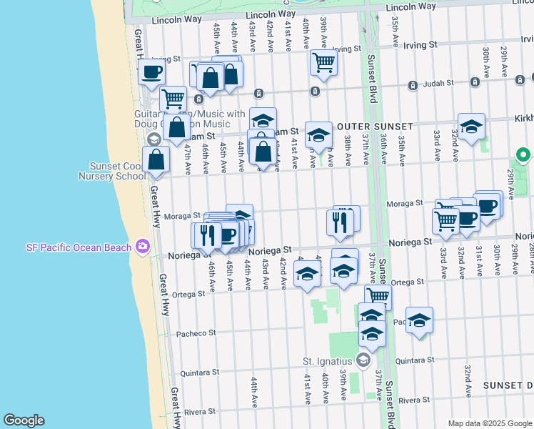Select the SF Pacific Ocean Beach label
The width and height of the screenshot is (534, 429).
point(79,247)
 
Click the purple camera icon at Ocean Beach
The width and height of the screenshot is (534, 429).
point(143,247)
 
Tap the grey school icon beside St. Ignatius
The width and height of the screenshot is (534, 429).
point(363,359)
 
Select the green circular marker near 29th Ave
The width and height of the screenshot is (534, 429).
point(523,154)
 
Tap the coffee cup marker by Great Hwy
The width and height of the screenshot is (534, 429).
point(151,71)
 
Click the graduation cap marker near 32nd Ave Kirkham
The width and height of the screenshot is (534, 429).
point(471,127)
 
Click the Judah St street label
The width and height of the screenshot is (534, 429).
point(438,85)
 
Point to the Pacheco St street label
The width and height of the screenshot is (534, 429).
point(196,333)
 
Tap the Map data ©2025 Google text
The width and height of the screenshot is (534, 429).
point(489,423)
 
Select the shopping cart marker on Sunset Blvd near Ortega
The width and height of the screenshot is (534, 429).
point(378,296)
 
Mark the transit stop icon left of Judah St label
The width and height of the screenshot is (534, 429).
point(413,85)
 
